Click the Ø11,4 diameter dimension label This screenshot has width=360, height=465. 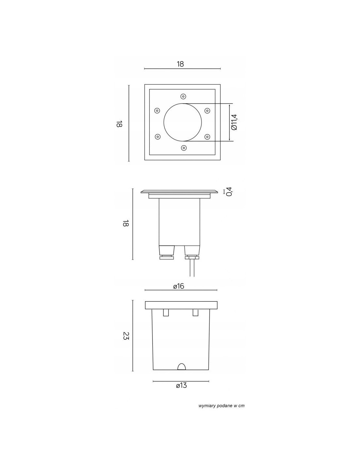pos(234,122)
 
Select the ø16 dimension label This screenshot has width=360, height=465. pos(179,286)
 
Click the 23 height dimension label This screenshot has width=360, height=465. pos(126,336)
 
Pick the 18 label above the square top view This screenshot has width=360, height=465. pos(180,64)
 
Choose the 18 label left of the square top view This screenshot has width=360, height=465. pos(119,124)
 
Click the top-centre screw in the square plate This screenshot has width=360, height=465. pos(183,96)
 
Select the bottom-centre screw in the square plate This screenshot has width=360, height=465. pos(184,148)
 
